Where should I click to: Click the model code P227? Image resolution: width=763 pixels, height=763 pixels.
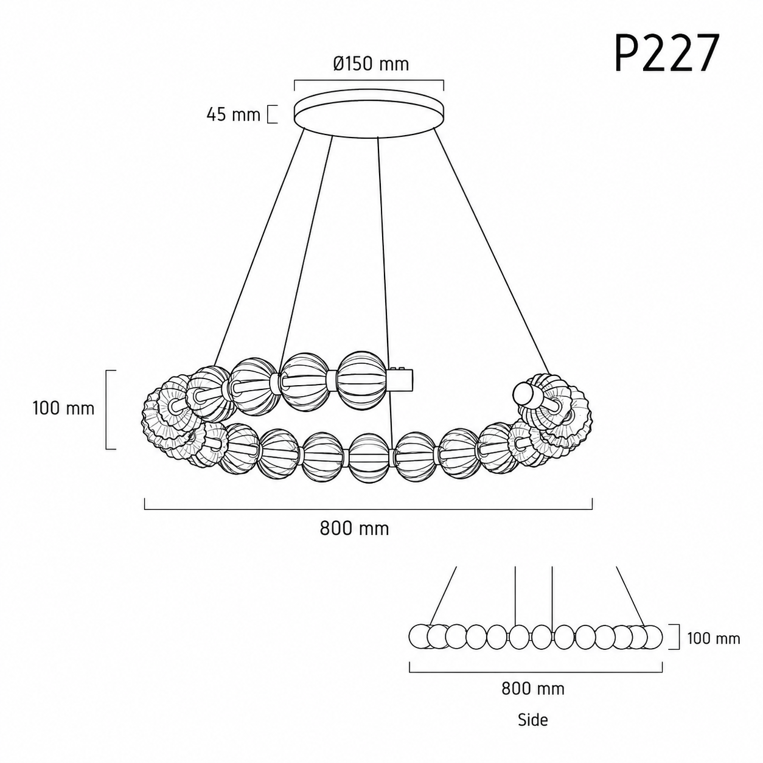[x=666, y=53]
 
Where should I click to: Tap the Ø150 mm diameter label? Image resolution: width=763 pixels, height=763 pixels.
[x=371, y=64]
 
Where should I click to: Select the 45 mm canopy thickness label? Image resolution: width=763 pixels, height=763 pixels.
[x=234, y=115]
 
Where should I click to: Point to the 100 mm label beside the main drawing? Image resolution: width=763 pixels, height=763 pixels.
[x=63, y=408]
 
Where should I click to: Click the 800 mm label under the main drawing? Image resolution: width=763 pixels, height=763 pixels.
[x=354, y=528]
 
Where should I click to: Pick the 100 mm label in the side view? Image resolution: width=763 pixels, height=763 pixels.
[x=714, y=638]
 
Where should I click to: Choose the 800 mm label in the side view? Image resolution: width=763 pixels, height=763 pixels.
[x=533, y=689]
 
